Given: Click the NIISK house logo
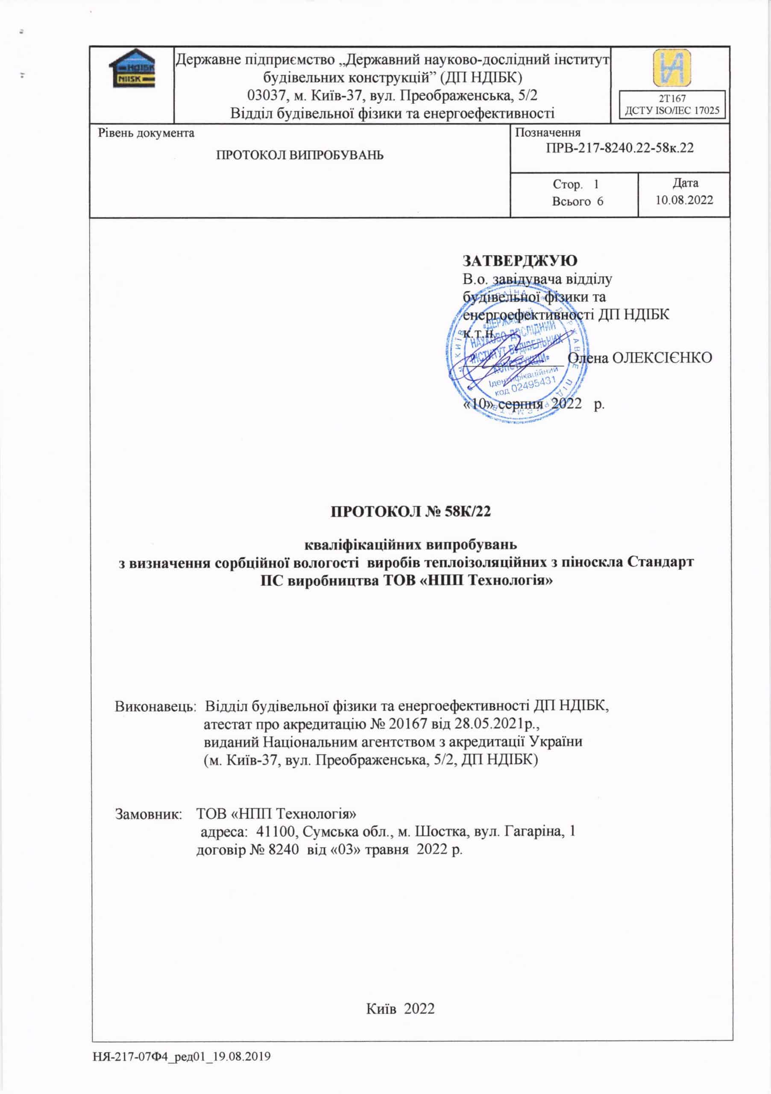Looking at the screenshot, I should (132, 69).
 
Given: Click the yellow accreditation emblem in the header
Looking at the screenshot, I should (671, 68).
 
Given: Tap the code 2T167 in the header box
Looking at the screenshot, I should (672, 99).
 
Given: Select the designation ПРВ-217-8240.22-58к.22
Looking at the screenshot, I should (619, 148).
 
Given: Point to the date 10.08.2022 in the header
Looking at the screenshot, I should (684, 200).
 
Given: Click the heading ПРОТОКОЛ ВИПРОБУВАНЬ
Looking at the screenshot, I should (299, 155).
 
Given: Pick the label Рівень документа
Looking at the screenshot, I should (146, 133).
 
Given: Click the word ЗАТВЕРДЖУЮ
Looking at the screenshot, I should (520, 261).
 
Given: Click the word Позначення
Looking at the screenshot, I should (548, 133).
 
